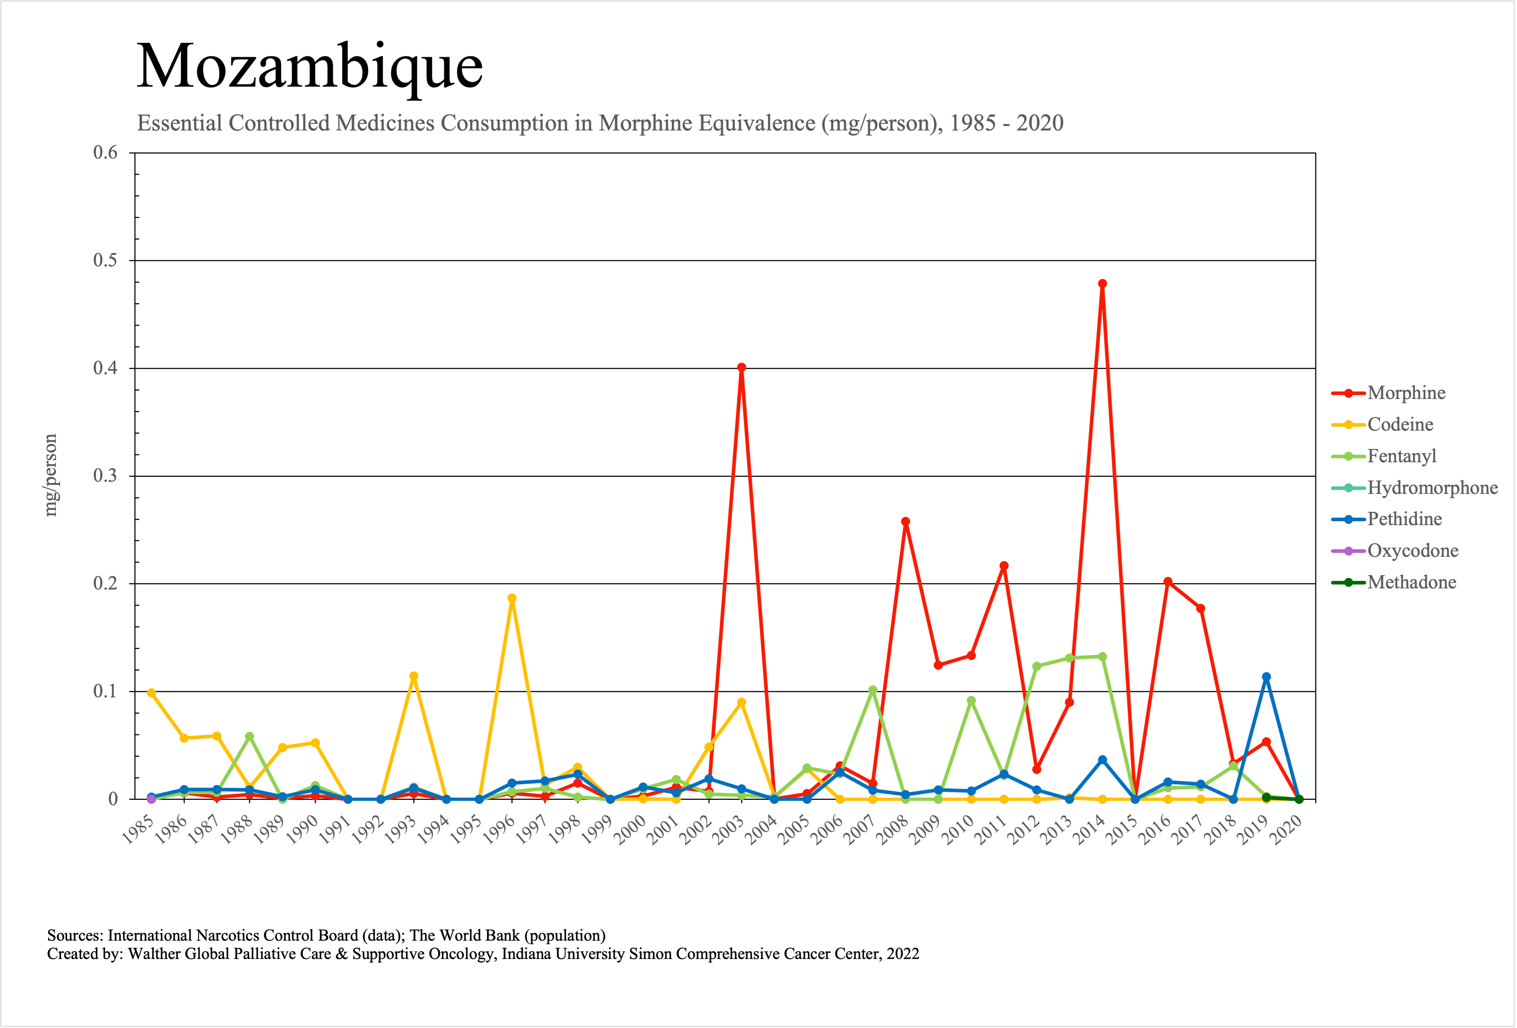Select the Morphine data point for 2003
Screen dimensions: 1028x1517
741,367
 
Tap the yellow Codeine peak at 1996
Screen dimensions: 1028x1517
512,598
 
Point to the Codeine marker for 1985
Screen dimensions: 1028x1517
151,693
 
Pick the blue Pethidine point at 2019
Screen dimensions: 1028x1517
1267,677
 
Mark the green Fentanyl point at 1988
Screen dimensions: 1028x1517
249,736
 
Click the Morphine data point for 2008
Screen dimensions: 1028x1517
905,522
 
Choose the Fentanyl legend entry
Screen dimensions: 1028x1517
1402,456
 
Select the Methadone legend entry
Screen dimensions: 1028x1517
1411,582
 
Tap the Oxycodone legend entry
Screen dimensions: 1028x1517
1412,551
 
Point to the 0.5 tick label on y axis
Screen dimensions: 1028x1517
105,261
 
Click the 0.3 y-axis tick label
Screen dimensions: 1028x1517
105,476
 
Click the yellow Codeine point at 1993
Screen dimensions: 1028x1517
413,676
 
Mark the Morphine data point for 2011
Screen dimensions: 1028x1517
1004,566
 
